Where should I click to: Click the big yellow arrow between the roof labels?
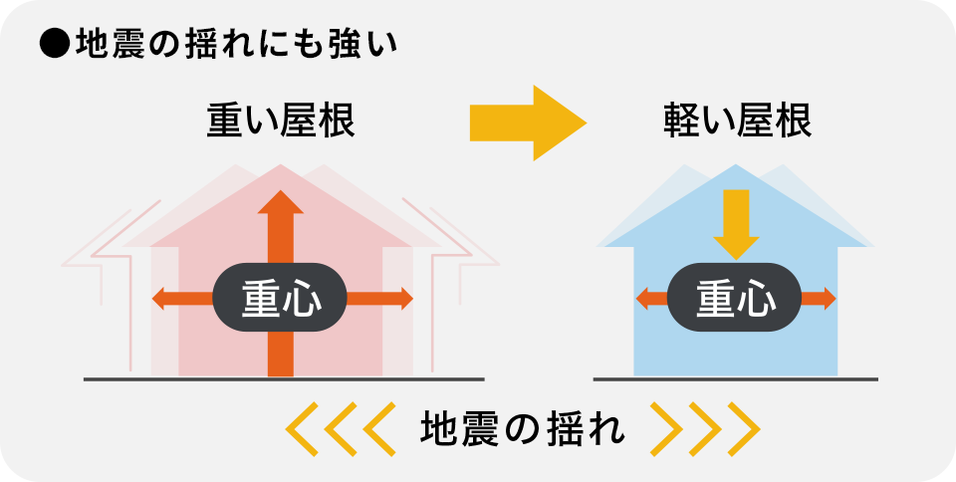527,122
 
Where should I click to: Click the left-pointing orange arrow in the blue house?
650,298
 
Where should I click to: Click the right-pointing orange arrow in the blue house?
820,298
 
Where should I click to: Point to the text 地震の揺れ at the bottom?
523,428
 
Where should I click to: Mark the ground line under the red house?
284,379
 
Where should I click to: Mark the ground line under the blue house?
735,379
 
